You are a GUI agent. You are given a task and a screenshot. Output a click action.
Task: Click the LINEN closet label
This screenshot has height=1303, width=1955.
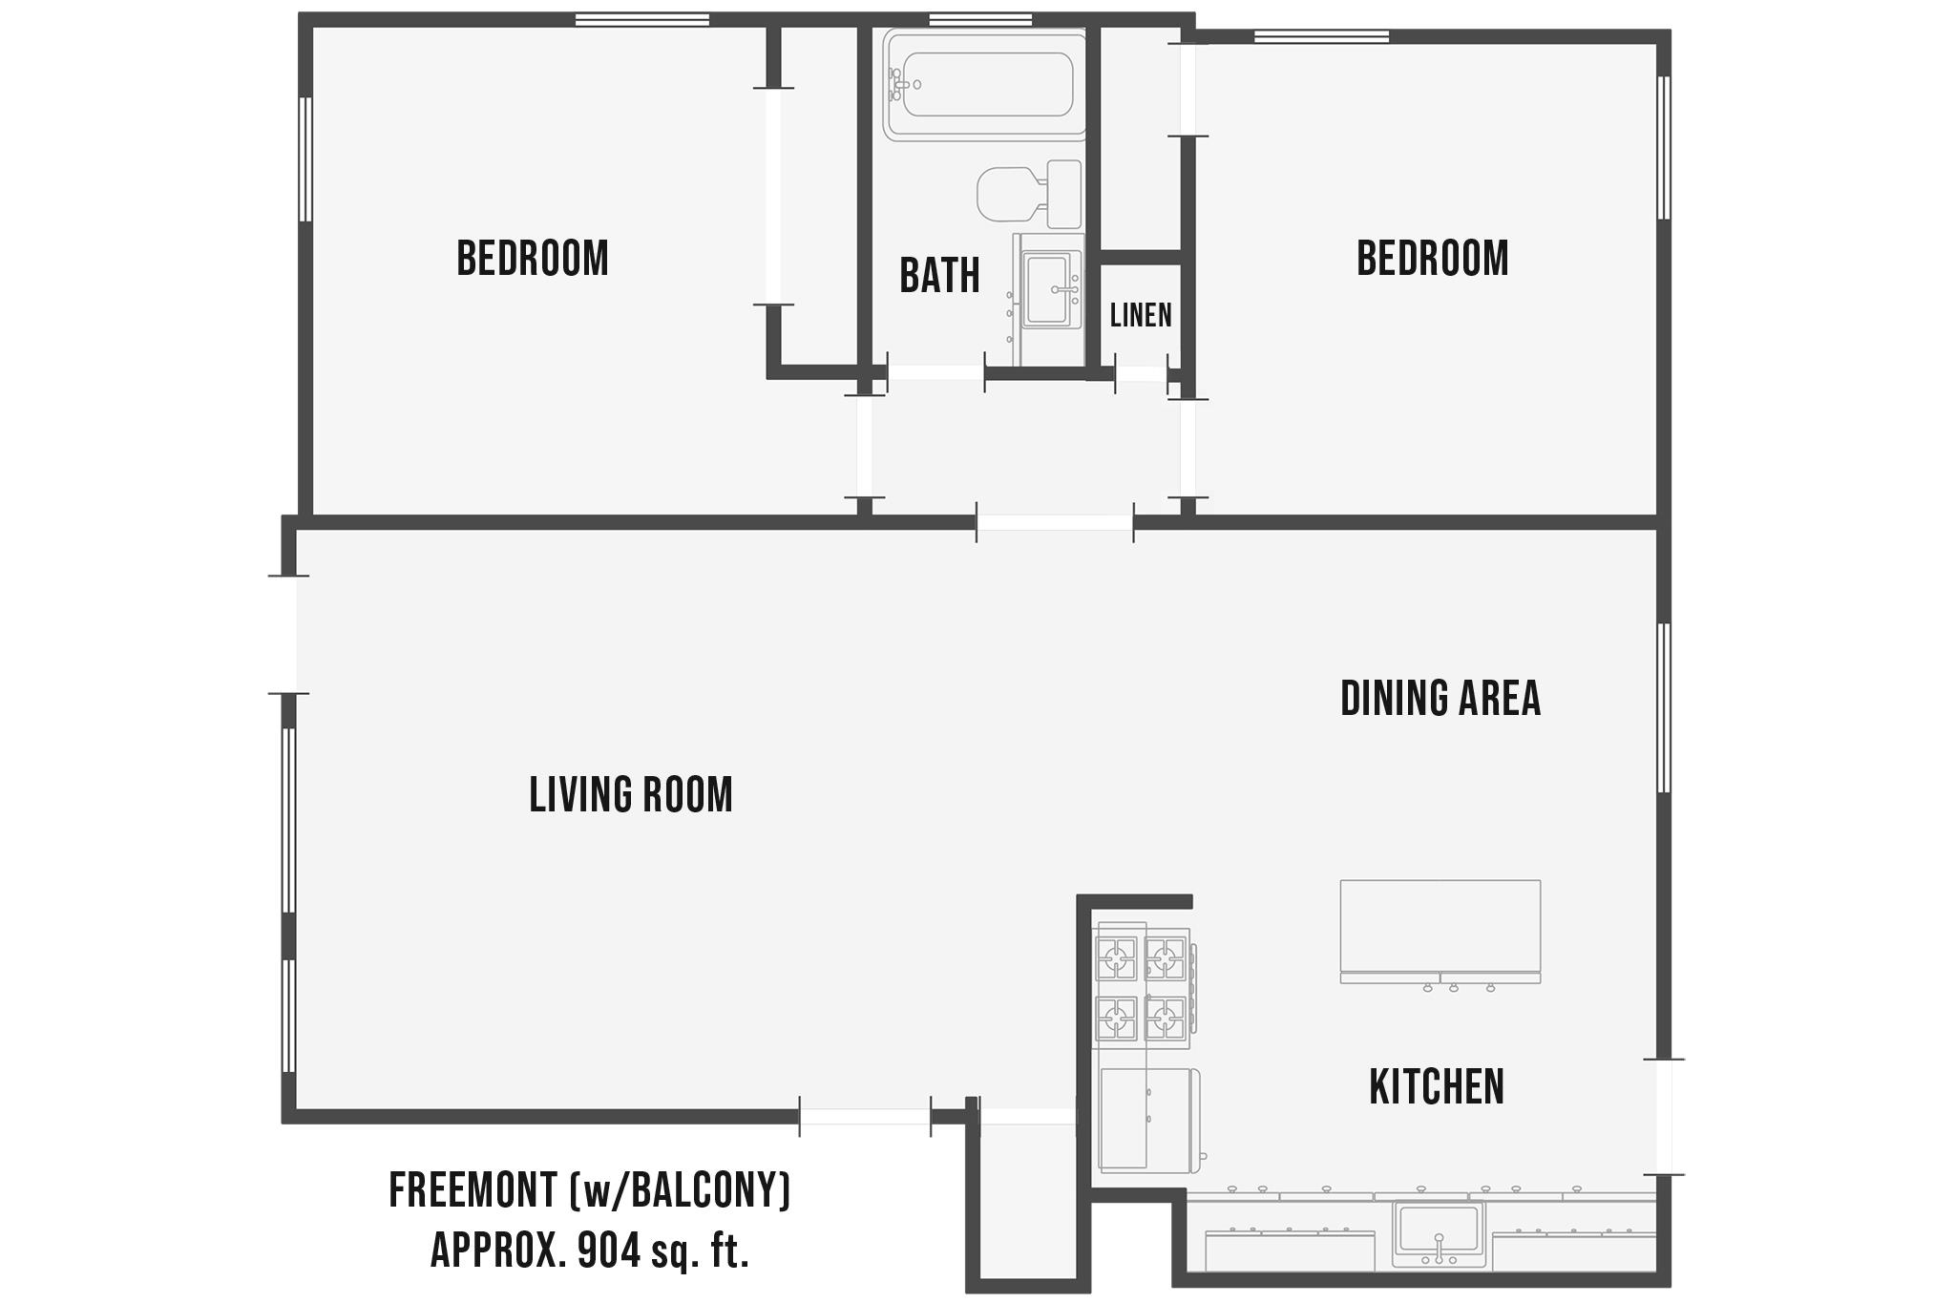(x=1141, y=315)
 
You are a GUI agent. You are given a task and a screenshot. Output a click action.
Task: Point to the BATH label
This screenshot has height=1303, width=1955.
(x=939, y=276)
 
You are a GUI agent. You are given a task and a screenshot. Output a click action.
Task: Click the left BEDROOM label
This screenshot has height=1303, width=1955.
(x=533, y=259)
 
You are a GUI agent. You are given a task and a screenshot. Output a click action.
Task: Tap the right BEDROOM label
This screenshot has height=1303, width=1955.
(x=1432, y=259)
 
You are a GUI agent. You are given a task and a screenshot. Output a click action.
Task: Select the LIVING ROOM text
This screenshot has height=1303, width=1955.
(x=631, y=795)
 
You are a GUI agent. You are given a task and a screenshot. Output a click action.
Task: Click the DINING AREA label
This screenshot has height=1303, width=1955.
(x=1440, y=698)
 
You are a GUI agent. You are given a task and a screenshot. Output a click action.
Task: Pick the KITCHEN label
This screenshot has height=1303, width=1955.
(x=1437, y=1086)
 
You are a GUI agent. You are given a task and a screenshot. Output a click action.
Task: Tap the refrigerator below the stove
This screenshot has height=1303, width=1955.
(x=1146, y=1119)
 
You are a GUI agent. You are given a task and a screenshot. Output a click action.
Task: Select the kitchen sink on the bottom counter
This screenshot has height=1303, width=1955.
(x=1439, y=1233)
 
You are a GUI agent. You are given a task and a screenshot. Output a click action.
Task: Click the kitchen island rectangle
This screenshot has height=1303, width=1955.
(x=1440, y=926)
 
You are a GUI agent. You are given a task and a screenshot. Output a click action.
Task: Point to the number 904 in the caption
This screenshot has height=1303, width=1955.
(x=609, y=1250)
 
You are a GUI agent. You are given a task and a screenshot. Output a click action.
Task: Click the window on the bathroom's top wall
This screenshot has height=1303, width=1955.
(x=980, y=20)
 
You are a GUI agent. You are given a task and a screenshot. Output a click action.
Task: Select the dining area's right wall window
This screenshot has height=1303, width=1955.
(x=1664, y=707)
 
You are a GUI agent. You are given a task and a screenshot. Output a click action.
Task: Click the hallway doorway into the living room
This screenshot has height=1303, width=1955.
(x=1054, y=523)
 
